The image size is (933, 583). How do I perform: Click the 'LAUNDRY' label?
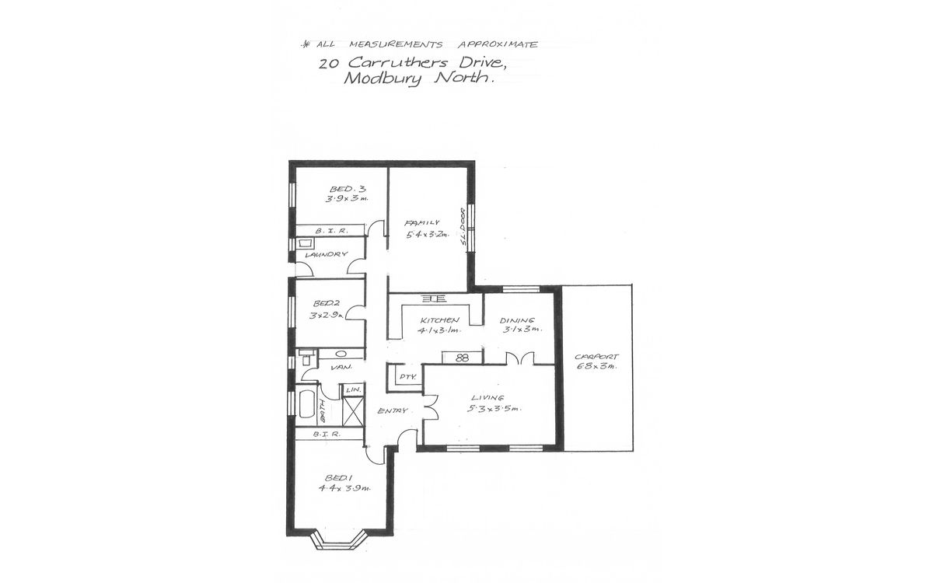[x=326, y=254]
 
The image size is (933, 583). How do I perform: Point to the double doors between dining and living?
[x=519, y=358]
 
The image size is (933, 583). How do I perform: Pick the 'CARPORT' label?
[x=596, y=358]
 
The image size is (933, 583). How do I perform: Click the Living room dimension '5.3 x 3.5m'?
[x=495, y=408]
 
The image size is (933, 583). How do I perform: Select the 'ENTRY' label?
[x=393, y=410]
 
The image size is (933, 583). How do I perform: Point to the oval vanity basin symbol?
[x=341, y=354]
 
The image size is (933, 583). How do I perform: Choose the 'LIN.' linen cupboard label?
[x=352, y=389]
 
